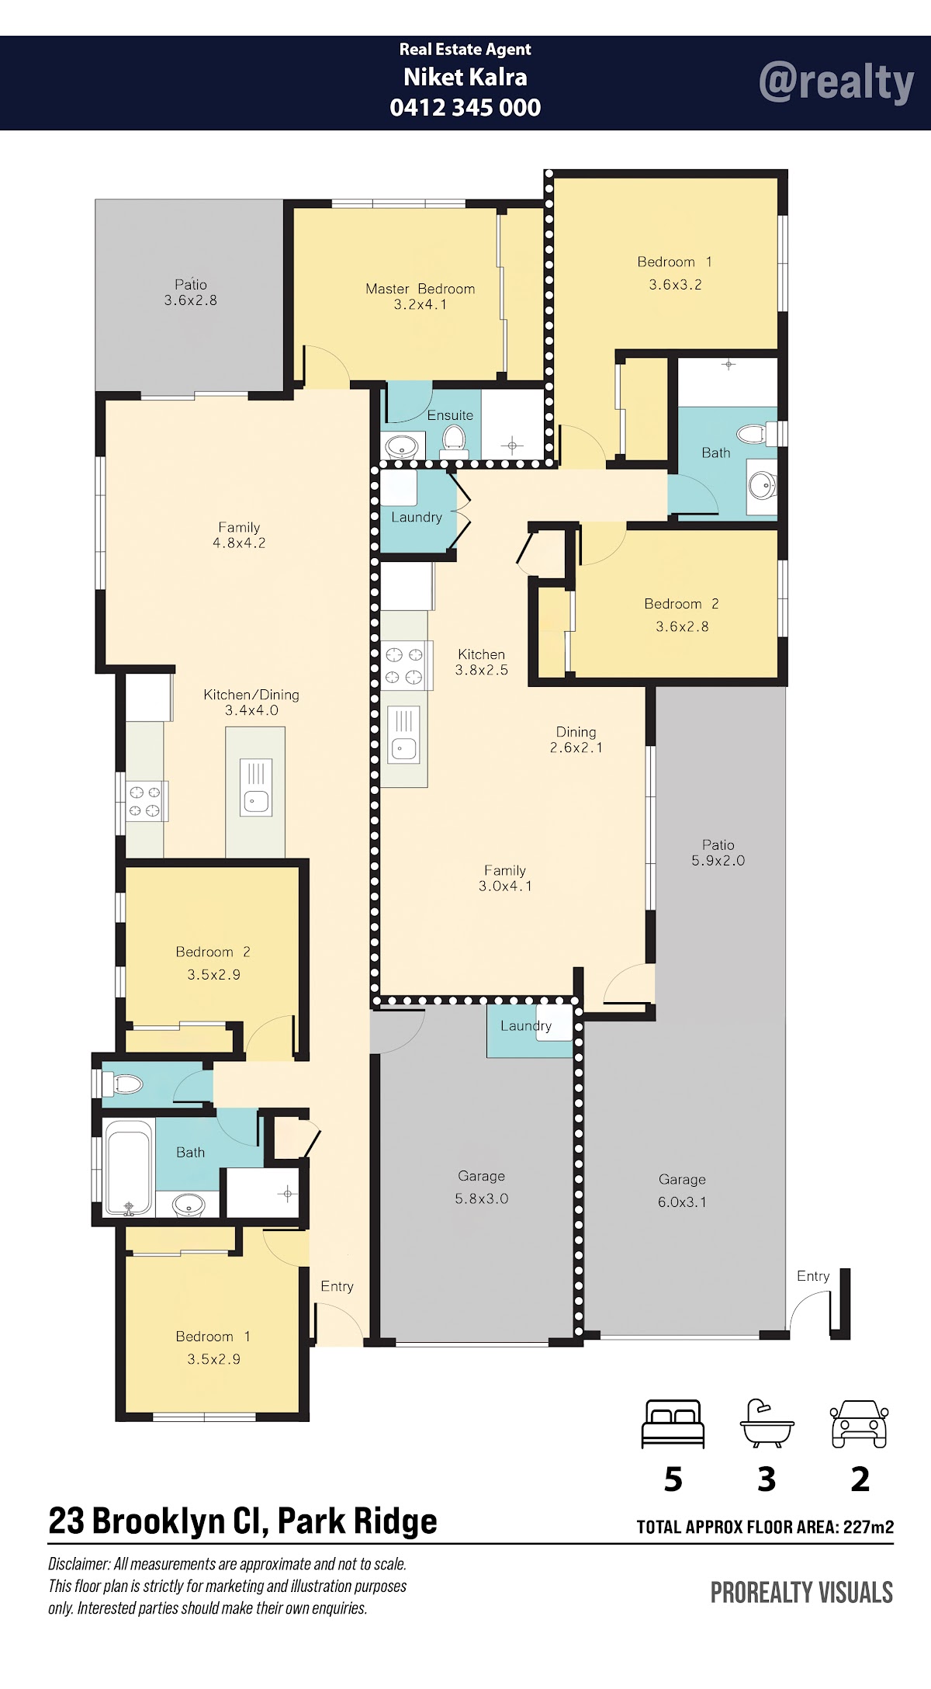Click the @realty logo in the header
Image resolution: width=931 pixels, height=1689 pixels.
[836, 82]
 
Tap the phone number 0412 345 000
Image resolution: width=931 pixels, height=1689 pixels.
[465, 107]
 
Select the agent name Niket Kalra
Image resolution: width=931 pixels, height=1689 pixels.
[465, 77]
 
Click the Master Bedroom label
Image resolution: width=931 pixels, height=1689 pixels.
[420, 289]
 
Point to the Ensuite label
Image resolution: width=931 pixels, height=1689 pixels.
[450, 415]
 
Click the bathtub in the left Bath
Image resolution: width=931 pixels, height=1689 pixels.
[129, 1167]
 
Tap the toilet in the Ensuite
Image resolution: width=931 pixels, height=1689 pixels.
[452, 441]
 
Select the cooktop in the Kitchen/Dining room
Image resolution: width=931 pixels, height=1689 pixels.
[145, 801]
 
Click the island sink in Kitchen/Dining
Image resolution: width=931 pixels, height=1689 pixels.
[255, 787]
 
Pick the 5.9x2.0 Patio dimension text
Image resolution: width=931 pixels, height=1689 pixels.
[718, 860]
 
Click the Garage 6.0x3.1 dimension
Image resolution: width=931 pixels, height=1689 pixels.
[683, 1202]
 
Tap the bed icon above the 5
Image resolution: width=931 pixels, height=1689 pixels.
[673, 1424]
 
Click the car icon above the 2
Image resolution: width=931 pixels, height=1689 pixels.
[859, 1424]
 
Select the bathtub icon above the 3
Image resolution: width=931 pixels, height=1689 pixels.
[767, 1424]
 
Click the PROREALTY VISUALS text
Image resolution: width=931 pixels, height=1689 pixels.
[802, 1593]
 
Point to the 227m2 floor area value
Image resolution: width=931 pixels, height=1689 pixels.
[869, 1527]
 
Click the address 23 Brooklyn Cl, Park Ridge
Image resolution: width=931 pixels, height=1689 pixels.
[243, 1521]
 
